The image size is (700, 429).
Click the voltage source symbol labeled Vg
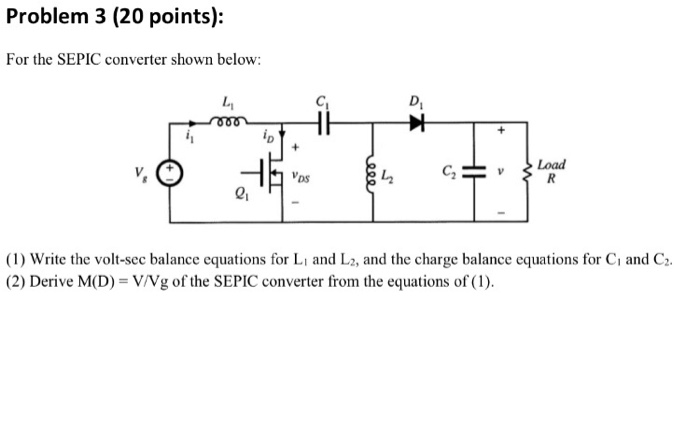(x=170, y=170)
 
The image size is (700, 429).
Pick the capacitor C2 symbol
(x=470, y=172)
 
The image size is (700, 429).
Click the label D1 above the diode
(x=416, y=100)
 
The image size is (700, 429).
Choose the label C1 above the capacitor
(x=322, y=100)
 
